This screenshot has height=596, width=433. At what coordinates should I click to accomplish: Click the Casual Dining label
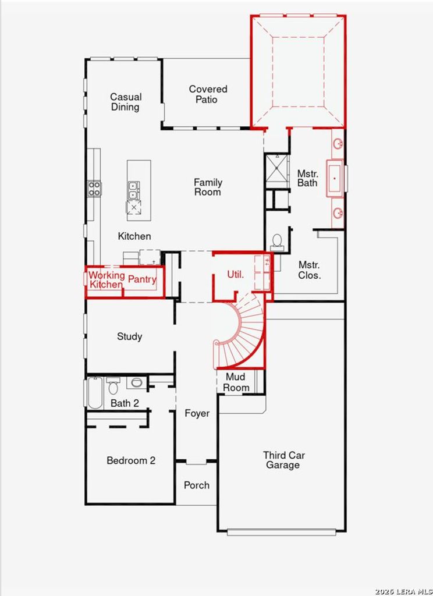pyautogui.click(x=125, y=102)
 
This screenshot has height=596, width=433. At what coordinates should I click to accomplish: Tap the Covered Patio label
pyautogui.click(x=208, y=94)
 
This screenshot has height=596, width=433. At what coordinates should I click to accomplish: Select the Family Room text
pyautogui.click(x=208, y=187)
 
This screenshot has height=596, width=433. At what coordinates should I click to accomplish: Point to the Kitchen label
pyautogui.click(x=134, y=236)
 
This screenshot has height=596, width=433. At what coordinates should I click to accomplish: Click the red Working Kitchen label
pyautogui.click(x=106, y=279)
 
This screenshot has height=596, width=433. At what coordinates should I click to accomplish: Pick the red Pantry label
pyautogui.click(x=142, y=279)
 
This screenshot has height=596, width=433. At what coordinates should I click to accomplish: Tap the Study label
pyautogui.click(x=129, y=336)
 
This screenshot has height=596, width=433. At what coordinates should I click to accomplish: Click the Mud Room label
pyautogui.click(x=236, y=382)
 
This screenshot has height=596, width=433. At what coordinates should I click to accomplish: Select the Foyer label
pyautogui.click(x=197, y=414)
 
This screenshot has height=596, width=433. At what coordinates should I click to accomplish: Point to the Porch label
pyautogui.click(x=197, y=485)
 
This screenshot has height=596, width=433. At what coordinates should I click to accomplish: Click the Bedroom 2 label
pyautogui.click(x=131, y=461)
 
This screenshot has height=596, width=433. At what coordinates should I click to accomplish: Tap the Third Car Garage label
pyautogui.click(x=283, y=460)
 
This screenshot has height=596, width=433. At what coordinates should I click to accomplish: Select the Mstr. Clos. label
pyautogui.click(x=309, y=270)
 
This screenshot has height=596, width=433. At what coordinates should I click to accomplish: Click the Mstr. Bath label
pyautogui.click(x=307, y=178)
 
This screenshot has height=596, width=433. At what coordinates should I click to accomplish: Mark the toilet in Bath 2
pyautogui.click(x=113, y=385)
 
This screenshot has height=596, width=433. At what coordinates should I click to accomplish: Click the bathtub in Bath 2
pyautogui.click(x=95, y=392)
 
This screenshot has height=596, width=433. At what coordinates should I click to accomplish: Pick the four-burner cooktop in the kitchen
pyautogui.click(x=95, y=188)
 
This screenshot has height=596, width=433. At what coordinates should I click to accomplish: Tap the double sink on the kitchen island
pyautogui.click(x=134, y=190)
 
